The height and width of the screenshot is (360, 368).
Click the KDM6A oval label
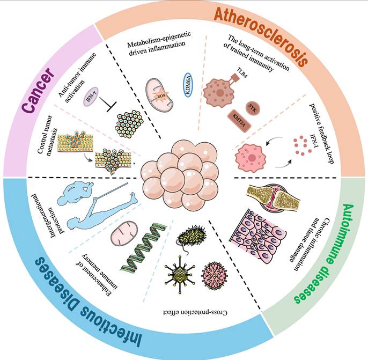pos(188,85)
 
